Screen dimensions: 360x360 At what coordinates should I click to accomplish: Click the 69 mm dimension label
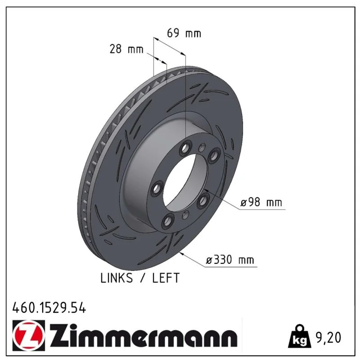pos(184,33)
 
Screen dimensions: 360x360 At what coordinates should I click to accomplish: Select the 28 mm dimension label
pos(126,49)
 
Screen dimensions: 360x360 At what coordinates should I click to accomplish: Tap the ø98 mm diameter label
pos(261,202)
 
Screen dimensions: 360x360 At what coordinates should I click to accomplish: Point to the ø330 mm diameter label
pos(230,260)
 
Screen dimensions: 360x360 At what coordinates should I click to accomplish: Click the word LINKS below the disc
pos(117,278)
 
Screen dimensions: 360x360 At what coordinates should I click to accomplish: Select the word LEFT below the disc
pos(166,278)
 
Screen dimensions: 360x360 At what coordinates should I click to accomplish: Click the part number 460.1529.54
pos(49,308)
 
